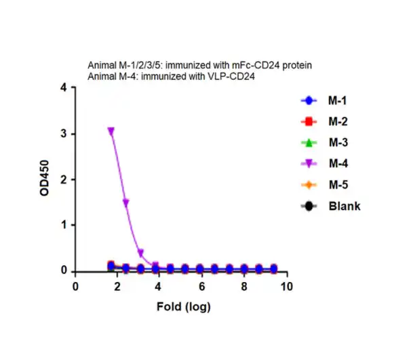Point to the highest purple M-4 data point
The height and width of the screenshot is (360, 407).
[x=111, y=131]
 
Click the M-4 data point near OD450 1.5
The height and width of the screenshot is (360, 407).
[x=125, y=202]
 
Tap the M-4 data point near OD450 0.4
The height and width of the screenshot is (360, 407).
[x=140, y=253]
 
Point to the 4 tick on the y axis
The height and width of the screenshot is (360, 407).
[x=63, y=88]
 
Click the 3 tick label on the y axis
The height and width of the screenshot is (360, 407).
[x=63, y=134]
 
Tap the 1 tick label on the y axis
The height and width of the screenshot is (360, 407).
[x=63, y=225]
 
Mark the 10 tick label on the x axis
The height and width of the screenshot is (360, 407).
[x=286, y=287]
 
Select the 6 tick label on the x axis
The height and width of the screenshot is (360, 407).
[x=201, y=287]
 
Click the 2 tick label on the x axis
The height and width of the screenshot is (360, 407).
[x=117, y=287]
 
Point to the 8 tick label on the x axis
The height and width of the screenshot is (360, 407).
[x=244, y=287]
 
